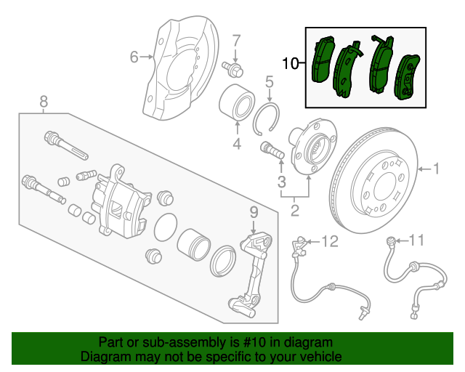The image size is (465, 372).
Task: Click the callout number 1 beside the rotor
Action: (437, 169)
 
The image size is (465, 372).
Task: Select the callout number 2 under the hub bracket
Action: (295, 211)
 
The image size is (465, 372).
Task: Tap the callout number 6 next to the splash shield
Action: (134, 56)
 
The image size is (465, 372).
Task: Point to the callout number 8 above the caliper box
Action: (44, 101)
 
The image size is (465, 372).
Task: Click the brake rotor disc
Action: (376, 182)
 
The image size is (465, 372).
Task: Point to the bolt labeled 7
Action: (235, 69)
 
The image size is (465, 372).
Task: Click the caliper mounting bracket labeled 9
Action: (251, 272)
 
